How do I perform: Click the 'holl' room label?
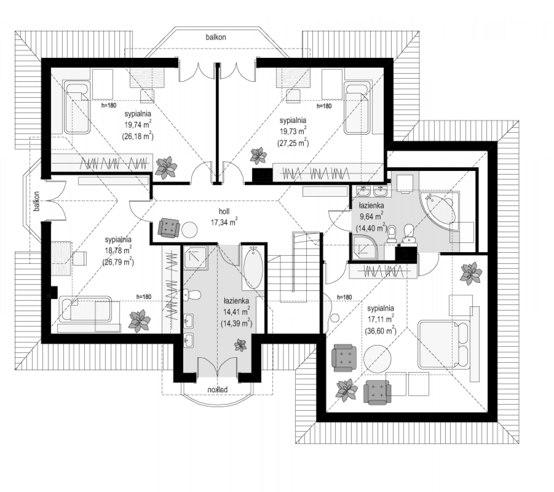[224, 211]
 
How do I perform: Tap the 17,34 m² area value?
[224, 222]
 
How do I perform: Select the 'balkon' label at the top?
[216, 37]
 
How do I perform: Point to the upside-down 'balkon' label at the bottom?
[218, 389]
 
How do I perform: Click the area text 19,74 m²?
[138, 125]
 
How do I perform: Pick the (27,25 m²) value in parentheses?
[293, 143]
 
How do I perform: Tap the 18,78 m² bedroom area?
[118, 250]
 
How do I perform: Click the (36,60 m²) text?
[380, 331]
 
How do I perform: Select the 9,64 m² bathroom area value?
[372, 216]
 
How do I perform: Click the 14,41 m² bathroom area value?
[236, 312]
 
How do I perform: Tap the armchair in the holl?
[169, 228]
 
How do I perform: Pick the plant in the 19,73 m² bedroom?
[258, 156]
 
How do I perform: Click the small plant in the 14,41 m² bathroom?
[241, 345]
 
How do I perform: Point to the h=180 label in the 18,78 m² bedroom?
[144, 296]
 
